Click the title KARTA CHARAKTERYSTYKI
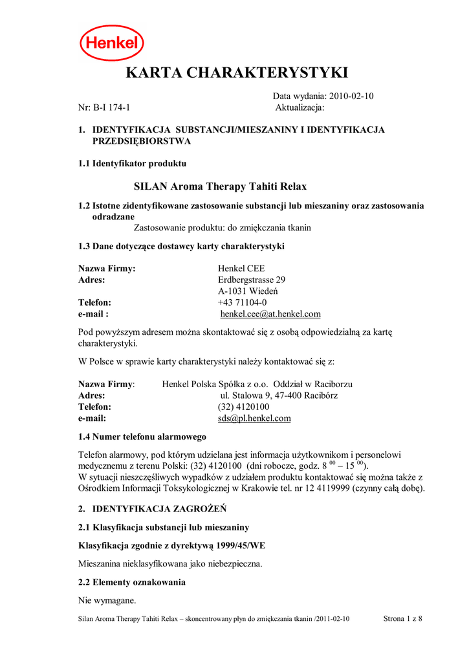tap(237, 73)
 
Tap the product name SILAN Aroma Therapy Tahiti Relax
tap(220, 186)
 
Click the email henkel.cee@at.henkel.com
tap(270, 314)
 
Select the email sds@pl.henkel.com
tap(254, 418)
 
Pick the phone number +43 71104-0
tap(242, 302)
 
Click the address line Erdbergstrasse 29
tap(252, 280)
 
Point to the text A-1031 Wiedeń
tap(248, 291)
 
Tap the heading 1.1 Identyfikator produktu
tap(132, 163)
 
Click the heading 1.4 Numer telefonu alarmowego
tap(142, 436)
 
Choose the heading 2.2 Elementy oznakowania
tap(131, 582)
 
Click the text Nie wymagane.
tap(107, 600)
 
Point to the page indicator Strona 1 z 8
tap(402, 619)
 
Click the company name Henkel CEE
tap(241, 268)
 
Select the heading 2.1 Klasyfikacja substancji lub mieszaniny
tap(163, 527)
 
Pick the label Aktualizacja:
tap(300, 107)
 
